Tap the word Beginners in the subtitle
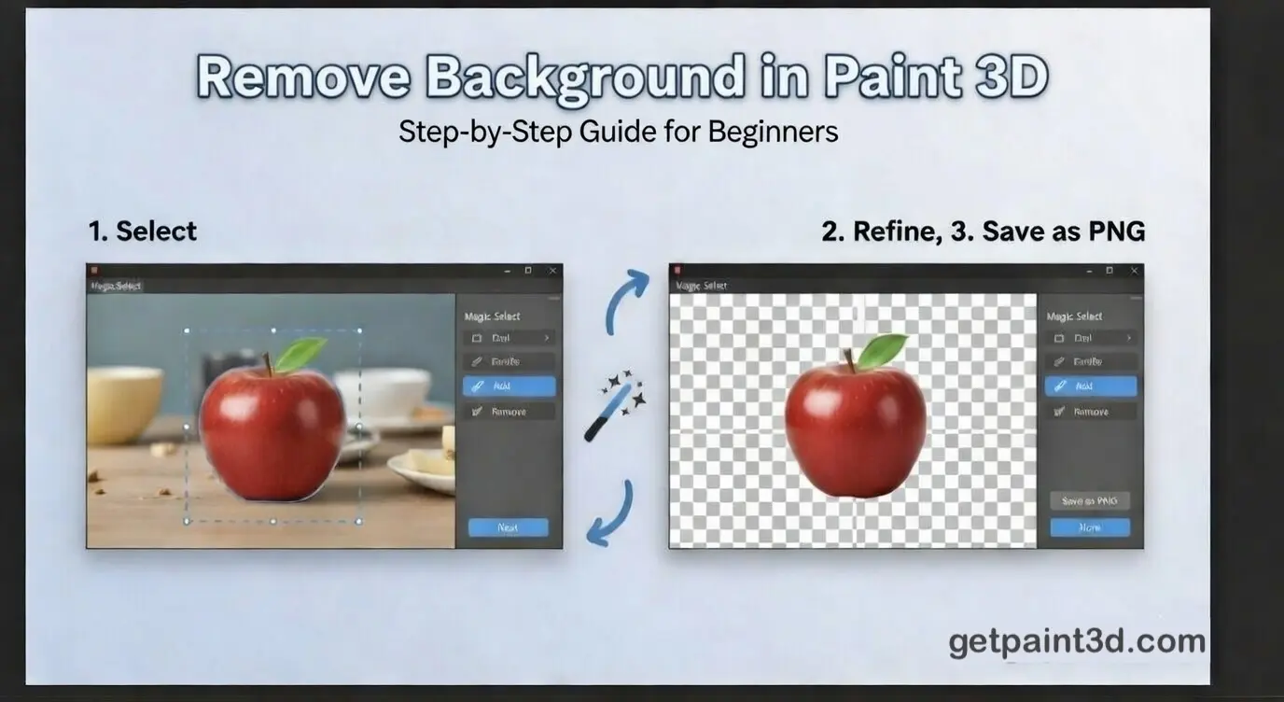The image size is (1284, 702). click(773, 132)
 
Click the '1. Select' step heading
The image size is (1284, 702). click(143, 231)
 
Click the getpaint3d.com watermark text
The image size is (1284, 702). click(1077, 641)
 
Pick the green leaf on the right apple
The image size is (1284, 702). click(882, 350)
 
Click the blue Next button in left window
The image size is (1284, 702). click(508, 527)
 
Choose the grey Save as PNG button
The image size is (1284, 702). click(1089, 501)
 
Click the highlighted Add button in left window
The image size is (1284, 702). click(509, 386)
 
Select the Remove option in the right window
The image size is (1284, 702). click(1090, 412)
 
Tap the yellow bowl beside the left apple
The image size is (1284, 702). click(123, 402)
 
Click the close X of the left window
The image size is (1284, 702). click(552, 271)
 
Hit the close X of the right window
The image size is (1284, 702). click(1133, 271)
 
